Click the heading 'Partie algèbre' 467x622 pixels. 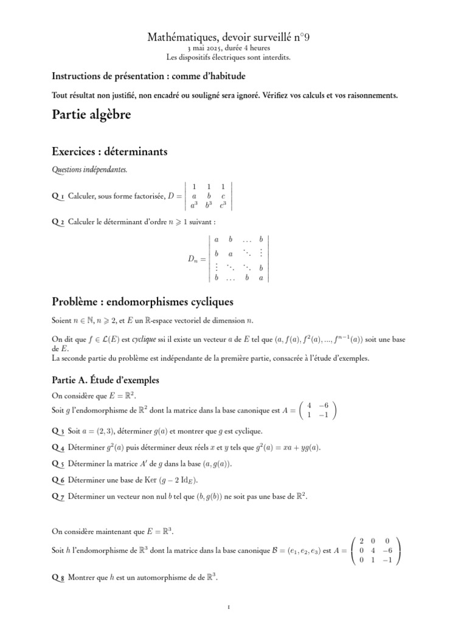pyautogui.click(x=91, y=115)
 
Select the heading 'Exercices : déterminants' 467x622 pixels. pyautogui.click(x=109, y=151)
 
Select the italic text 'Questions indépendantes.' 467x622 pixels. pyautogui.click(x=90, y=171)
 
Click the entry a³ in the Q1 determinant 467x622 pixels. pyautogui.click(x=193, y=205)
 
